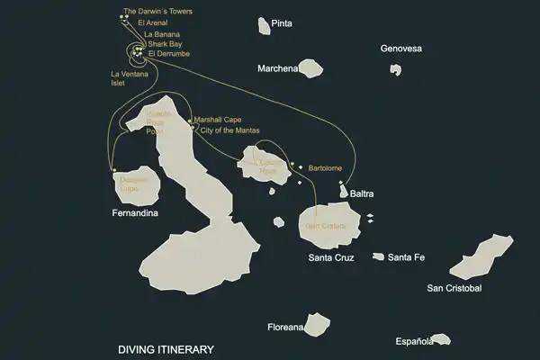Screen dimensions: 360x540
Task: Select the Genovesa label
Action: [x=400, y=49]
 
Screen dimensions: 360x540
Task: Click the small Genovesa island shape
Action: [x=395, y=69]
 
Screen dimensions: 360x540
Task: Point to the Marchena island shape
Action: [x=311, y=68]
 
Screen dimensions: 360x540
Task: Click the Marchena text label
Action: [x=277, y=68]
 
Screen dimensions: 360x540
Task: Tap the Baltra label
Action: [x=361, y=193]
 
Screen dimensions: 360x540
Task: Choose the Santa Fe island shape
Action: [x=377, y=257]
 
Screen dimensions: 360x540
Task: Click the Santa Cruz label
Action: [x=331, y=257]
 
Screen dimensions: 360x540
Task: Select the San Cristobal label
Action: [x=454, y=288]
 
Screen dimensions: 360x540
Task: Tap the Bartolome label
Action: [x=326, y=167]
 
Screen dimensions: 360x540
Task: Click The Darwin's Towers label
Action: [x=157, y=12]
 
